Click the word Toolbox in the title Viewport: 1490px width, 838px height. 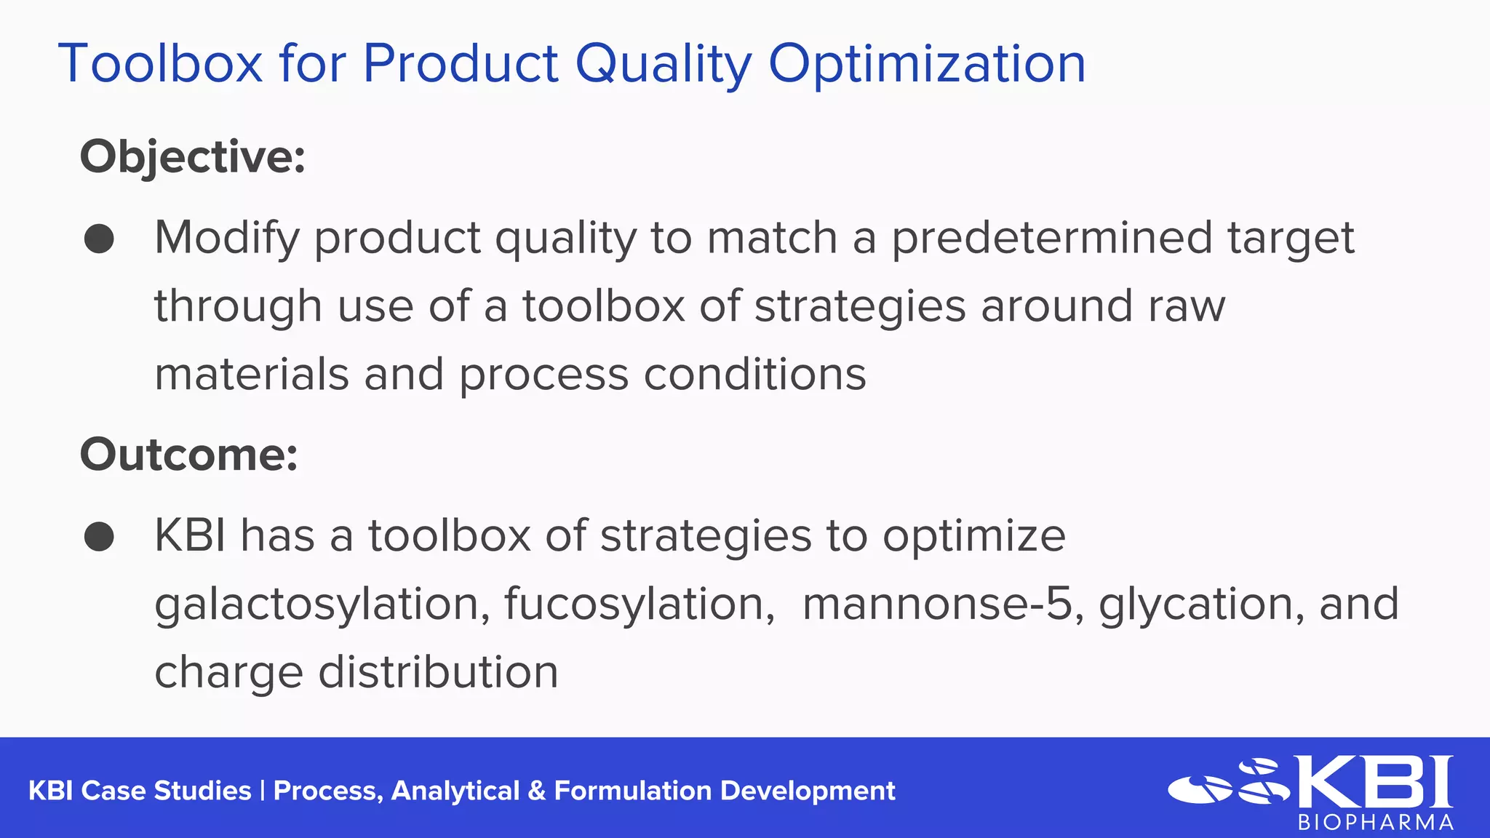tap(160, 64)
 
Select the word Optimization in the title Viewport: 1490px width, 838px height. tap(927, 64)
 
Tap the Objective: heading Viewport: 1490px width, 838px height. tap(193, 156)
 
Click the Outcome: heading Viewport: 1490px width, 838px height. tap(189, 455)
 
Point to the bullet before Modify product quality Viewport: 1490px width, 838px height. tap(99, 239)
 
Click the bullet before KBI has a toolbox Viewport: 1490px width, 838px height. tap(99, 537)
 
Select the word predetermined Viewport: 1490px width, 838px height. tap(1052, 239)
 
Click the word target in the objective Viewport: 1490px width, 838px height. tap(1291, 239)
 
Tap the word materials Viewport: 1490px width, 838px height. tap(252, 375)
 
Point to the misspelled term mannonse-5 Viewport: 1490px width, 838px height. tap(938, 604)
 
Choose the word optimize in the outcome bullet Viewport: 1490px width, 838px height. tap(974, 537)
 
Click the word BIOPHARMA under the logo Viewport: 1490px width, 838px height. tap(1376, 823)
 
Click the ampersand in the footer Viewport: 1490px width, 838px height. tap(537, 791)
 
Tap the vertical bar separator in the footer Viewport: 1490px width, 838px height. tap(262, 791)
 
